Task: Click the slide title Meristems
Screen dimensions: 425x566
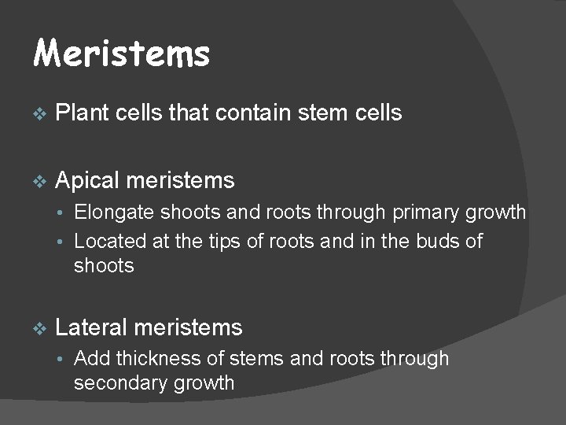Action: (122, 54)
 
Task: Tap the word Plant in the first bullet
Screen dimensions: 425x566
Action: (82, 113)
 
